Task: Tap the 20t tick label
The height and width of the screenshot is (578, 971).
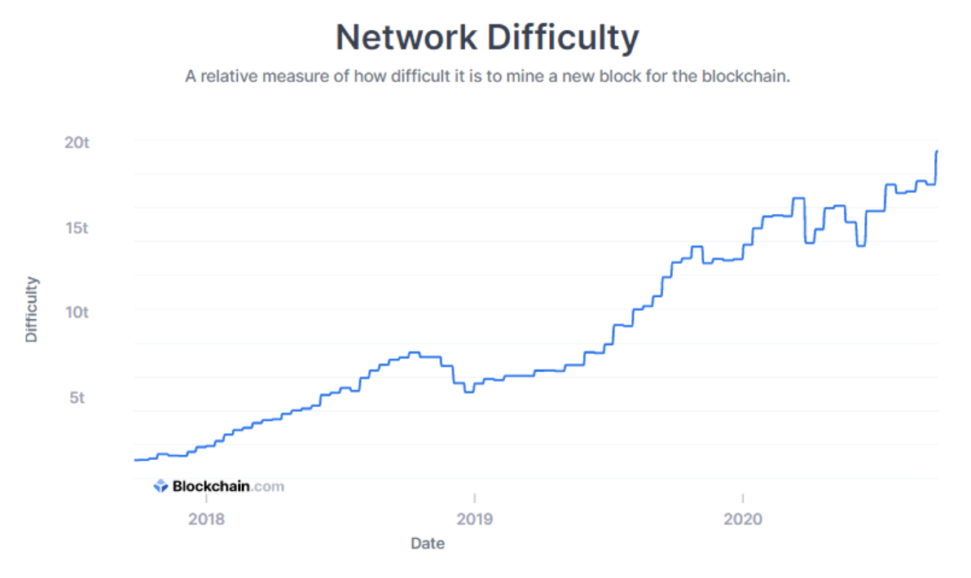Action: tap(77, 142)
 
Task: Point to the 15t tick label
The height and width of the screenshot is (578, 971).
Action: tap(77, 227)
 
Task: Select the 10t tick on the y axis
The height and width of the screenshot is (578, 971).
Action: tap(77, 313)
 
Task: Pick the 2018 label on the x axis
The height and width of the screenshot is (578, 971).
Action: tap(207, 519)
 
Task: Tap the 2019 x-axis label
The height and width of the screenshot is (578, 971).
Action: tap(474, 519)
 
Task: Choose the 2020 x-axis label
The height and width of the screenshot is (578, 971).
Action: tap(743, 519)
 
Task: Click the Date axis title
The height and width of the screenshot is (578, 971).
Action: tap(428, 543)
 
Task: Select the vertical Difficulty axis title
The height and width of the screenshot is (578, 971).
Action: tap(32, 309)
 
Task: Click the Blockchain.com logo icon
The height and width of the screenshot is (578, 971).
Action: tap(160, 487)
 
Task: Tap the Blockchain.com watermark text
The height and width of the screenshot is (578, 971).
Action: tap(228, 487)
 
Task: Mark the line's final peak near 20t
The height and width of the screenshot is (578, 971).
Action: tap(937, 151)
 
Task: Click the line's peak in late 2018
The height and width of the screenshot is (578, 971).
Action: tap(414, 352)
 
